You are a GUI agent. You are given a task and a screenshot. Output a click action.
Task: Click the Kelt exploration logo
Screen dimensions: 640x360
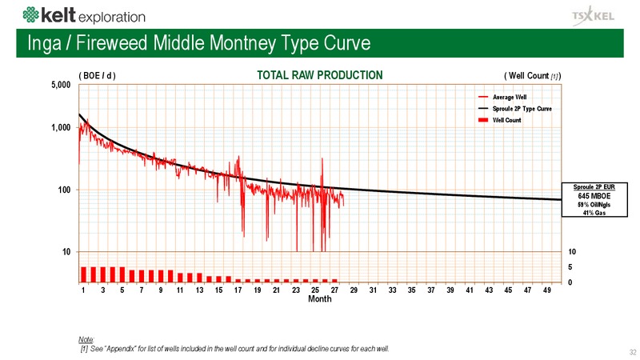[x=84, y=15]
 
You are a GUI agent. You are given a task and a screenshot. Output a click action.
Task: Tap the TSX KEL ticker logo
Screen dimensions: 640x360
[x=593, y=16]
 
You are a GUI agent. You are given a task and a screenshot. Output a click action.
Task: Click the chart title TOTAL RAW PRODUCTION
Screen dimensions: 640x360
[x=319, y=75]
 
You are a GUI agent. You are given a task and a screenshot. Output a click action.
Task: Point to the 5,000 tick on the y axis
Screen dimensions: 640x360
[x=61, y=85]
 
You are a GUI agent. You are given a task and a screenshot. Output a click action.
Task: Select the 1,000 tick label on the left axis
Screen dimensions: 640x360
[x=61, y=127]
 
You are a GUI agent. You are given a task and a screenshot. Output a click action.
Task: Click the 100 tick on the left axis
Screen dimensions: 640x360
[x=64, y=190]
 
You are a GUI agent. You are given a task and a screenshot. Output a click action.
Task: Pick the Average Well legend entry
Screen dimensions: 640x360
[x=502, y=97]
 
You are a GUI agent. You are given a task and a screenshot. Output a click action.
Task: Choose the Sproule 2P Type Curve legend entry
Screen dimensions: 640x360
[x=515, y=109]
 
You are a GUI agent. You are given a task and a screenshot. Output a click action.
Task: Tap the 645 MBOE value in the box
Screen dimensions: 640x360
[x=594, y=196]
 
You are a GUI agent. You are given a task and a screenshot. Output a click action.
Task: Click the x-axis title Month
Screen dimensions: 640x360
[x=319, y=298]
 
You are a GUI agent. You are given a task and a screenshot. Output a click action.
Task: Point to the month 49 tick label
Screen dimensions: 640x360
[x=547, y=290]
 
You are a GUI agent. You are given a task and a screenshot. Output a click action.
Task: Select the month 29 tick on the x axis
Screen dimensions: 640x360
[x=354, y=290]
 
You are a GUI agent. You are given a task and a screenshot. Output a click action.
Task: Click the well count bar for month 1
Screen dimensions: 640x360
[x=84, y=274]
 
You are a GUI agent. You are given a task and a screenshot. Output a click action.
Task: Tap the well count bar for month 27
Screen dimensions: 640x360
[x=334, y=281]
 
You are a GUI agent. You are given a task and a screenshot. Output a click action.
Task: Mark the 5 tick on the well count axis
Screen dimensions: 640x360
[x=570, y=267]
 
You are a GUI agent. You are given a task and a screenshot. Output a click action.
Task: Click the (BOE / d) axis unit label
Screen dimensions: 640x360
[x=97, y=75]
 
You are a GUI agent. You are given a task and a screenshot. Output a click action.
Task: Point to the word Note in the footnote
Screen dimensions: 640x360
[x=86, y=339]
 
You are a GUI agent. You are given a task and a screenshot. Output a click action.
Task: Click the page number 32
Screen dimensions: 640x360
[x=633, y=352]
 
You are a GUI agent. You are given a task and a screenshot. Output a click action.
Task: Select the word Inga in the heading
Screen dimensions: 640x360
[x=44, y=43]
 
